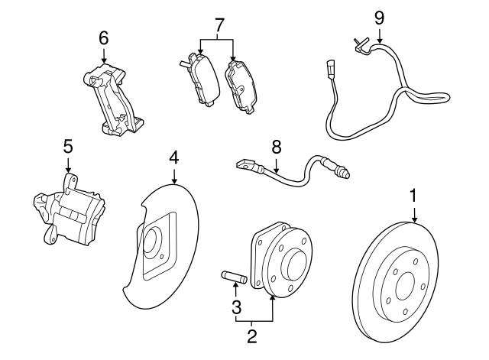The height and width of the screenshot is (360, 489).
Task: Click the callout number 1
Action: [413, 196]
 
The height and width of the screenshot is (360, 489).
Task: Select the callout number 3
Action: [237, 308]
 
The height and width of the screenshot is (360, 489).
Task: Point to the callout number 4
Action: [174, 158]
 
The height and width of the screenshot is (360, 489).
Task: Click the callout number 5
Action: [67, 144]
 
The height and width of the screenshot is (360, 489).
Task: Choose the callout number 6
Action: [104, 37]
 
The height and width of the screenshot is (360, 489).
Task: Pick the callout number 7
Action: [219, 26]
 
